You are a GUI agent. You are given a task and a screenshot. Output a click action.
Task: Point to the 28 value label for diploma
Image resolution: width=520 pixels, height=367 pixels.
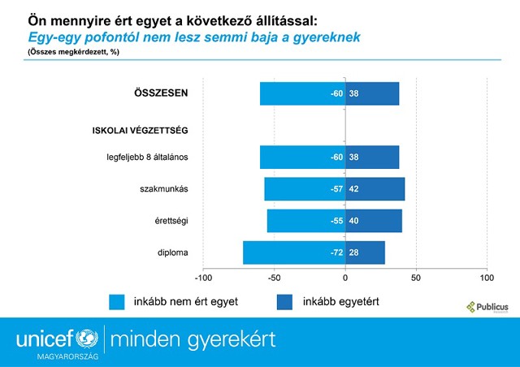coord(353,253)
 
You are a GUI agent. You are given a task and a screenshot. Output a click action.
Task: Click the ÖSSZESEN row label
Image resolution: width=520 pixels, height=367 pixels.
coord(161,93)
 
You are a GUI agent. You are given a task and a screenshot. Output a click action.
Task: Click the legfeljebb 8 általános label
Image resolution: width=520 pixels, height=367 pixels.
coord(149,157)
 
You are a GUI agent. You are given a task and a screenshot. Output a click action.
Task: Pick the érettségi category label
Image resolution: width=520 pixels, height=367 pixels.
coord(171,221)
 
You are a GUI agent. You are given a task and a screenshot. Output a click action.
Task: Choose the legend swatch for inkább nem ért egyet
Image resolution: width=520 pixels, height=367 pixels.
coord(119,301)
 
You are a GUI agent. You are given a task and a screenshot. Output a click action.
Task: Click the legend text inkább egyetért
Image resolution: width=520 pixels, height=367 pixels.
coord(340,301)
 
